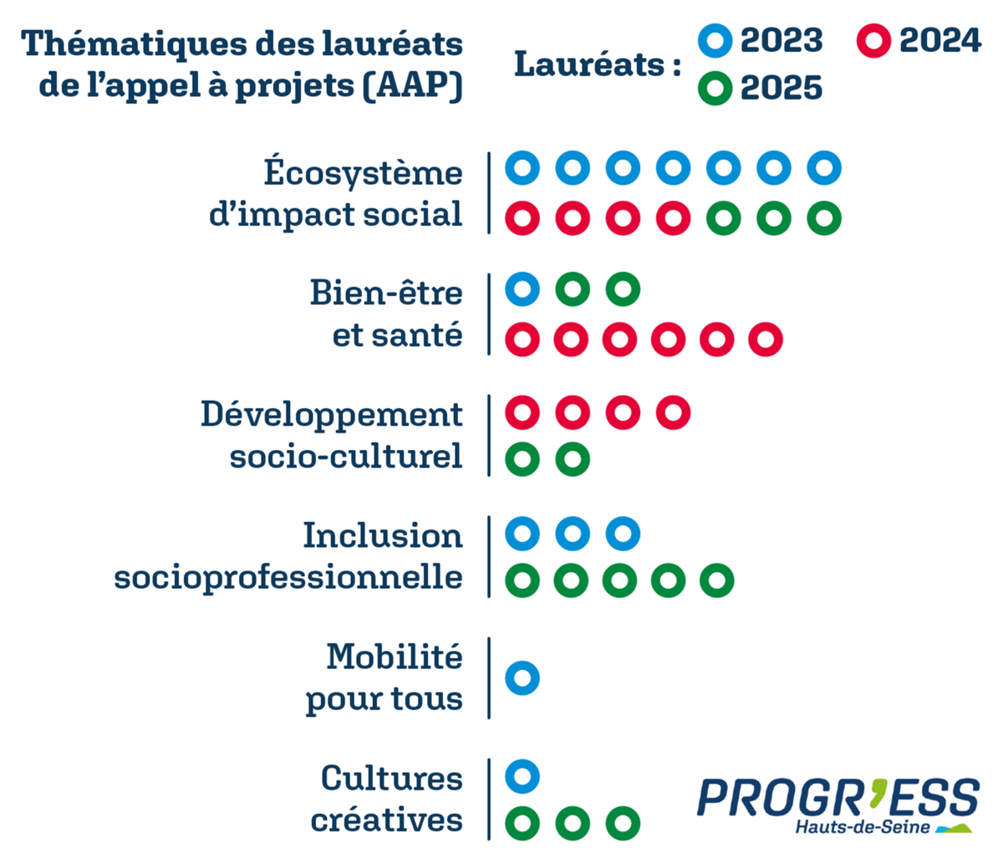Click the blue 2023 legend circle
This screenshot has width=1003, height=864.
coord(715,40)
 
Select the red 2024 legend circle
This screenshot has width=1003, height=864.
coord(874,40)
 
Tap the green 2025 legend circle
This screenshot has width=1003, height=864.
coord(715,89)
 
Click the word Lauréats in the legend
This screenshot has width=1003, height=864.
coord(589,64)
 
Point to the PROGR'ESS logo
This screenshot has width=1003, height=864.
coord(838,799)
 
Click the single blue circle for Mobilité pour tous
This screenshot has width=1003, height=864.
coord(522,677)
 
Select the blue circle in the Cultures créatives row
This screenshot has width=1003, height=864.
coord(522,775)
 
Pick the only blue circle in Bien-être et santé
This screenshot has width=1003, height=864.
coord(522,289)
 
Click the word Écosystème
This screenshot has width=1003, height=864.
coord(364,172)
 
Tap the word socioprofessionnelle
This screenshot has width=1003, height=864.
coord(288,577)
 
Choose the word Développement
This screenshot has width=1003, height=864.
coord(332,414)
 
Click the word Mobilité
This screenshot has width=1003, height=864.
coord(394,657)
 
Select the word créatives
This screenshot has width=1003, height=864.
coord(386,820)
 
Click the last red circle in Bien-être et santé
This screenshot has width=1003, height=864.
coord(766,340)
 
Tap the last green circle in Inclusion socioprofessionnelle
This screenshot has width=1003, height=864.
coord(716,580)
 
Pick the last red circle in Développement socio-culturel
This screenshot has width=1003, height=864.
coord(673,412)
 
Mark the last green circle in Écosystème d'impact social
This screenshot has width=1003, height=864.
coord(824,218)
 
